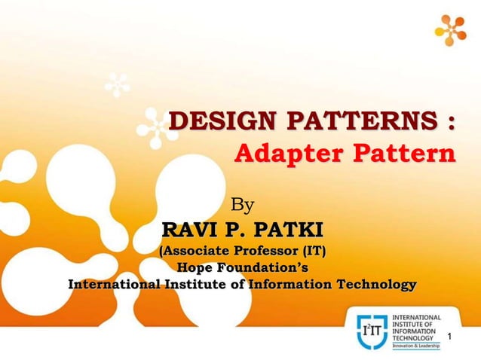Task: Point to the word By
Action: [x=242, y=204]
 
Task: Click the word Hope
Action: [x=194, y=267]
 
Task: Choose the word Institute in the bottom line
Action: [x=196, y=285]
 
